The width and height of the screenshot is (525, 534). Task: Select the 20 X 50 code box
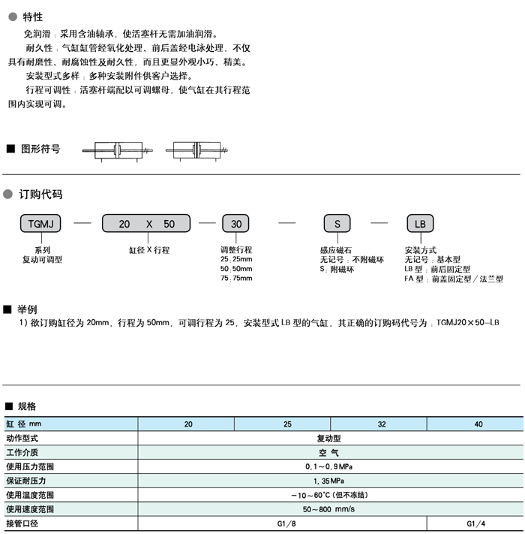[146, 224]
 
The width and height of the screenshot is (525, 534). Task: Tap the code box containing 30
[236, 224]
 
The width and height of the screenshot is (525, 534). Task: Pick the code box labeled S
[337, 224]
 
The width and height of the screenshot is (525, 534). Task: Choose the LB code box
[420, 224]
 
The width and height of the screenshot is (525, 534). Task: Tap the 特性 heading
[33, 17]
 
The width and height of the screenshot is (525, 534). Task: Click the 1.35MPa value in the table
[329, 481]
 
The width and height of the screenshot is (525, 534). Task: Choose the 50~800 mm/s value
[329, 509]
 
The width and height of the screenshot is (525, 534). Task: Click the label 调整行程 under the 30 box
[236, 249]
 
